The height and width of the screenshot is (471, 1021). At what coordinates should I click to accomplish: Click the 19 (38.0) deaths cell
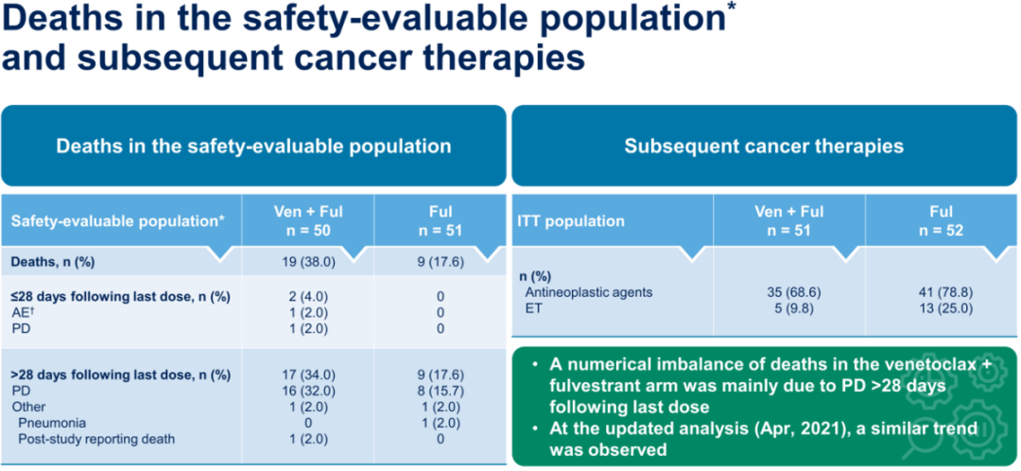pyautogui.click(x=307, y=262)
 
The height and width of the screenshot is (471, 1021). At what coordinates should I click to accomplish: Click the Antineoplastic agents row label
pyautogui.click(x=588, y=292)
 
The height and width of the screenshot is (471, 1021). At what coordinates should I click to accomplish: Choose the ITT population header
pyautogui.click(x=570, y=221)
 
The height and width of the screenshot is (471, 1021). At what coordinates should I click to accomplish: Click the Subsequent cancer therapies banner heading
pyautogui.click(x=763, y=147)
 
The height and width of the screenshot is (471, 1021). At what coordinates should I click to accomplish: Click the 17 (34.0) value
pyautogui.click(x=307, y=375)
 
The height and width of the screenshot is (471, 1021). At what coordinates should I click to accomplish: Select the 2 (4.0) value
pyautogui.click(x=307, y=296)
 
